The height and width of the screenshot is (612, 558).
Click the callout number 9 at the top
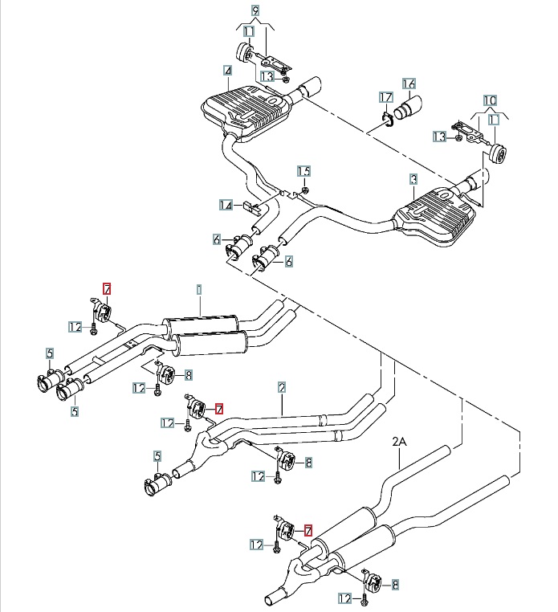coord(255,12)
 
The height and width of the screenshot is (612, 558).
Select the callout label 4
coord(228,71)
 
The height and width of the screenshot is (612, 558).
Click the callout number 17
coord(385,97)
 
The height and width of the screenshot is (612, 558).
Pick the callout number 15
coord(303,171)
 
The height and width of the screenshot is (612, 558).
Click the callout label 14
coord(226,206)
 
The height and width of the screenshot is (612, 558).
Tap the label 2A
coord(400,441)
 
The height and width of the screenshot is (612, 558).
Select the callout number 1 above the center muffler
coord(198,288)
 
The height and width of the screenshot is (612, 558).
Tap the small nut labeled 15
coord(306,188)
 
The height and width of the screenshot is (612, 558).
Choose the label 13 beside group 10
coord(438,137)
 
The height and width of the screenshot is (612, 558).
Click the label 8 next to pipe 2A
coord(393,585)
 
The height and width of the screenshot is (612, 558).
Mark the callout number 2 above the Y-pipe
coord(282,387)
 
